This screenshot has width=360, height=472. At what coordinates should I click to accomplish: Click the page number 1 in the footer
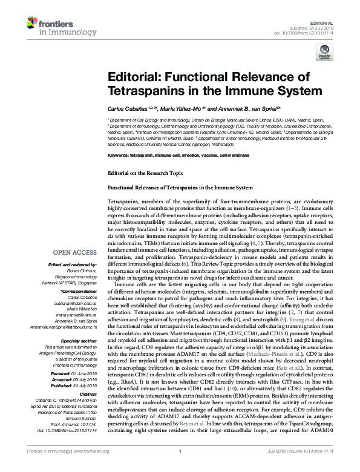coord(180,467)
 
